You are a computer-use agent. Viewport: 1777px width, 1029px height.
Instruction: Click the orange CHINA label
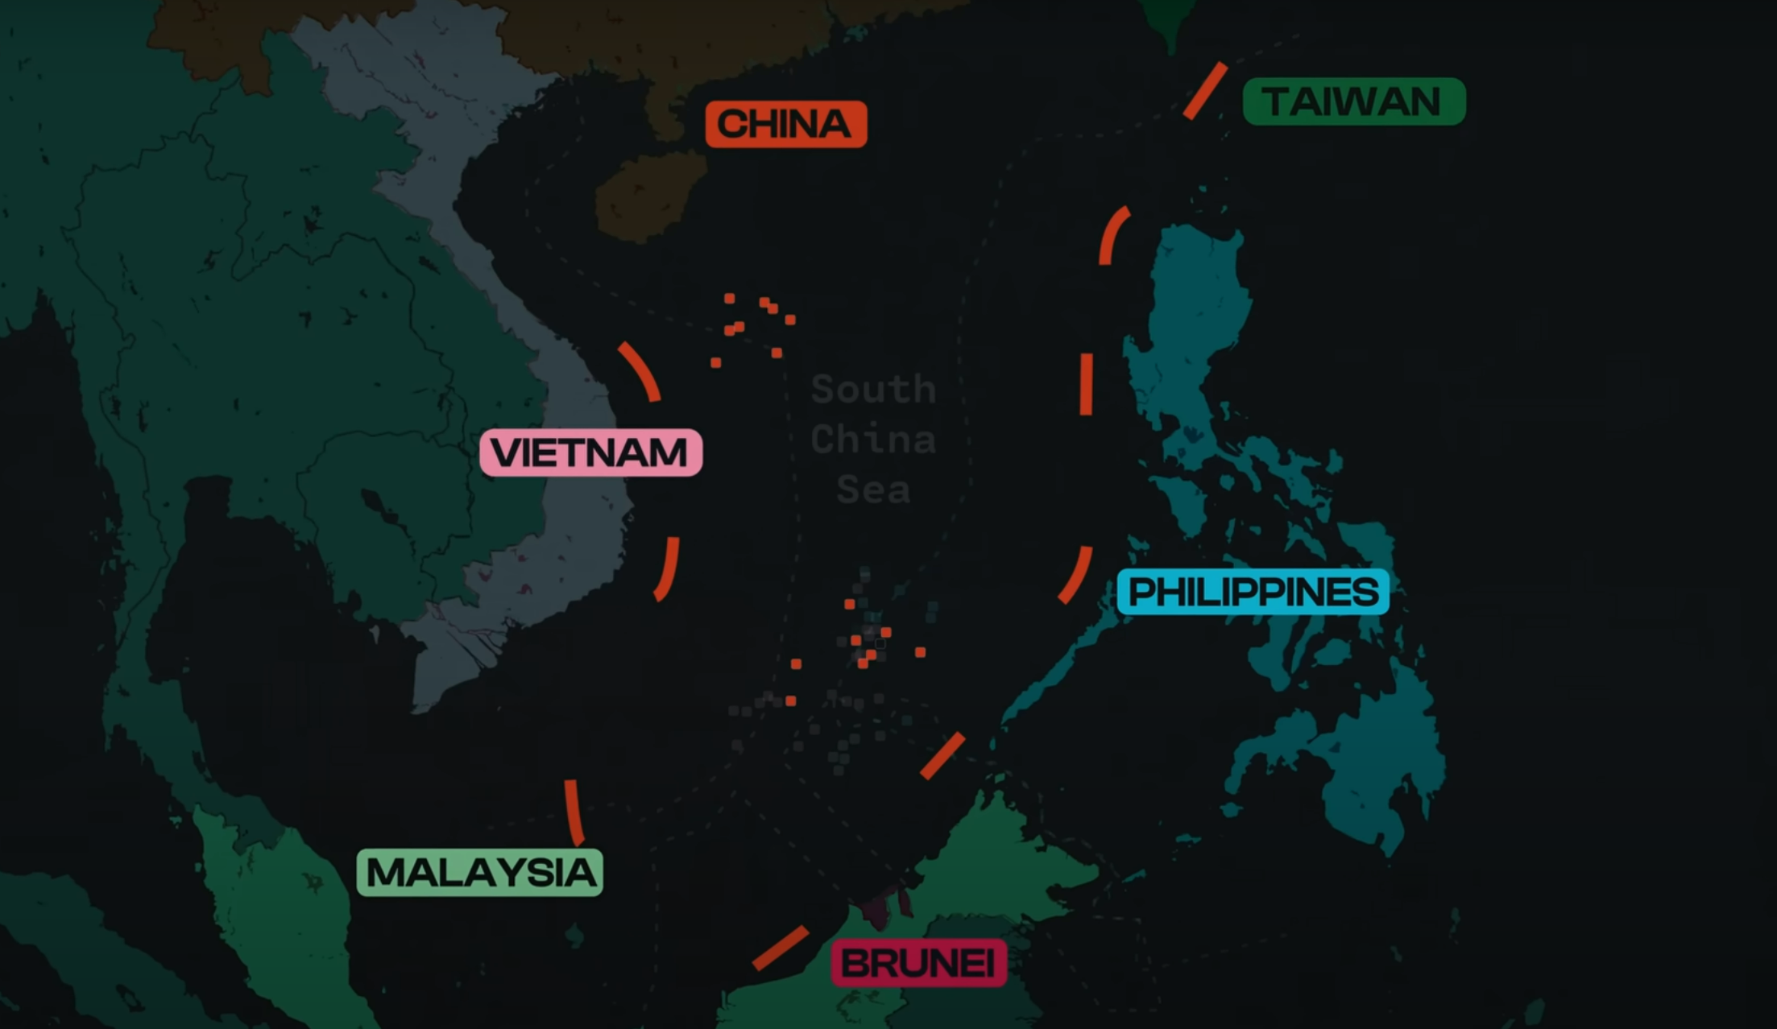pyautogui.click(x=785, y=124)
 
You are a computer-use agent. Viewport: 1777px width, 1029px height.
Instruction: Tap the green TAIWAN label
pyautogui.click(x=1353, y=101)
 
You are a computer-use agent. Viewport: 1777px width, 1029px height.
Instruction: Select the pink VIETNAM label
pyautogui.click(x=590, y=453)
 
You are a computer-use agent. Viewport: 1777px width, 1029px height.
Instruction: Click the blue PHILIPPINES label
pyautogui.click(x=1253, y=593)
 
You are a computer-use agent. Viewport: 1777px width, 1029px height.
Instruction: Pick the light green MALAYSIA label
pyautogui.click(x=480, y=873)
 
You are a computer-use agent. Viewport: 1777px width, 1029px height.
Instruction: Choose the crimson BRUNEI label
pyautogui.click(x=918, y=963)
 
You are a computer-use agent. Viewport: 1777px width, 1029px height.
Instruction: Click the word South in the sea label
pyautogui.click(x=873, y=390)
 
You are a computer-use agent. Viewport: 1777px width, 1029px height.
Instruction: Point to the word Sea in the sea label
pyautogui.click(x=873, y=490)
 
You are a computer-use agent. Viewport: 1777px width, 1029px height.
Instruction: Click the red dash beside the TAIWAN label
pyautogui.click(x=1205, y=90)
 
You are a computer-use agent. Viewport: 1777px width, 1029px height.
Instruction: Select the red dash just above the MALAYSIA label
pyautogui.click(x=574, y=812)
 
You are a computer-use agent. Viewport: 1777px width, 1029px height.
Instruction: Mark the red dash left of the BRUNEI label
pyautogui.click(x=780, y=947)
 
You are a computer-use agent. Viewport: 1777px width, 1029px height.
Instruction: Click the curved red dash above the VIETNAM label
pyautogui.click(x=640, y=371)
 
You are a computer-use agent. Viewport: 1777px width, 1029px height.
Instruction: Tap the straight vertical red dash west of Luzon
pyautogui.click(x=1086, y=384)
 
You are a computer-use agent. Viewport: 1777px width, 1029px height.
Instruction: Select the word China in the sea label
pyautogui.click(x=873, y=440)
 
